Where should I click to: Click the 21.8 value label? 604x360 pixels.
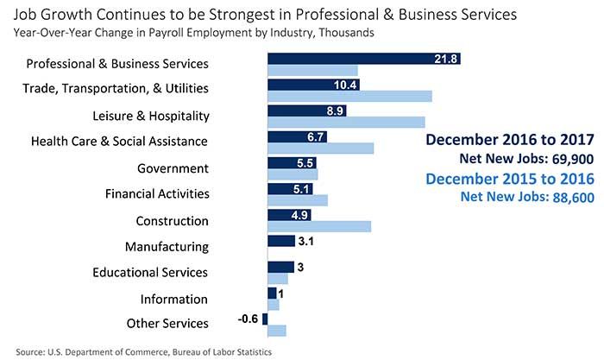(447, 59)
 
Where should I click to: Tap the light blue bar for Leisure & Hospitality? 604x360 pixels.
(346, 122)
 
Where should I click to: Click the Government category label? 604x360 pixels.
(173, 167)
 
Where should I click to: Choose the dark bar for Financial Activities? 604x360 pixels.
(290, 188)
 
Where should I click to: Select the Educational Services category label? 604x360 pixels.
(150, 272)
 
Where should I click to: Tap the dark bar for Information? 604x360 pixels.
(272, 293)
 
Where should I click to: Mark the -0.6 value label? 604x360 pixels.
(249, 319)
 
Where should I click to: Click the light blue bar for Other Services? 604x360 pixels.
(276, 330)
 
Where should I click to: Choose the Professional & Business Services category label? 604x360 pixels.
(117, 64)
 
